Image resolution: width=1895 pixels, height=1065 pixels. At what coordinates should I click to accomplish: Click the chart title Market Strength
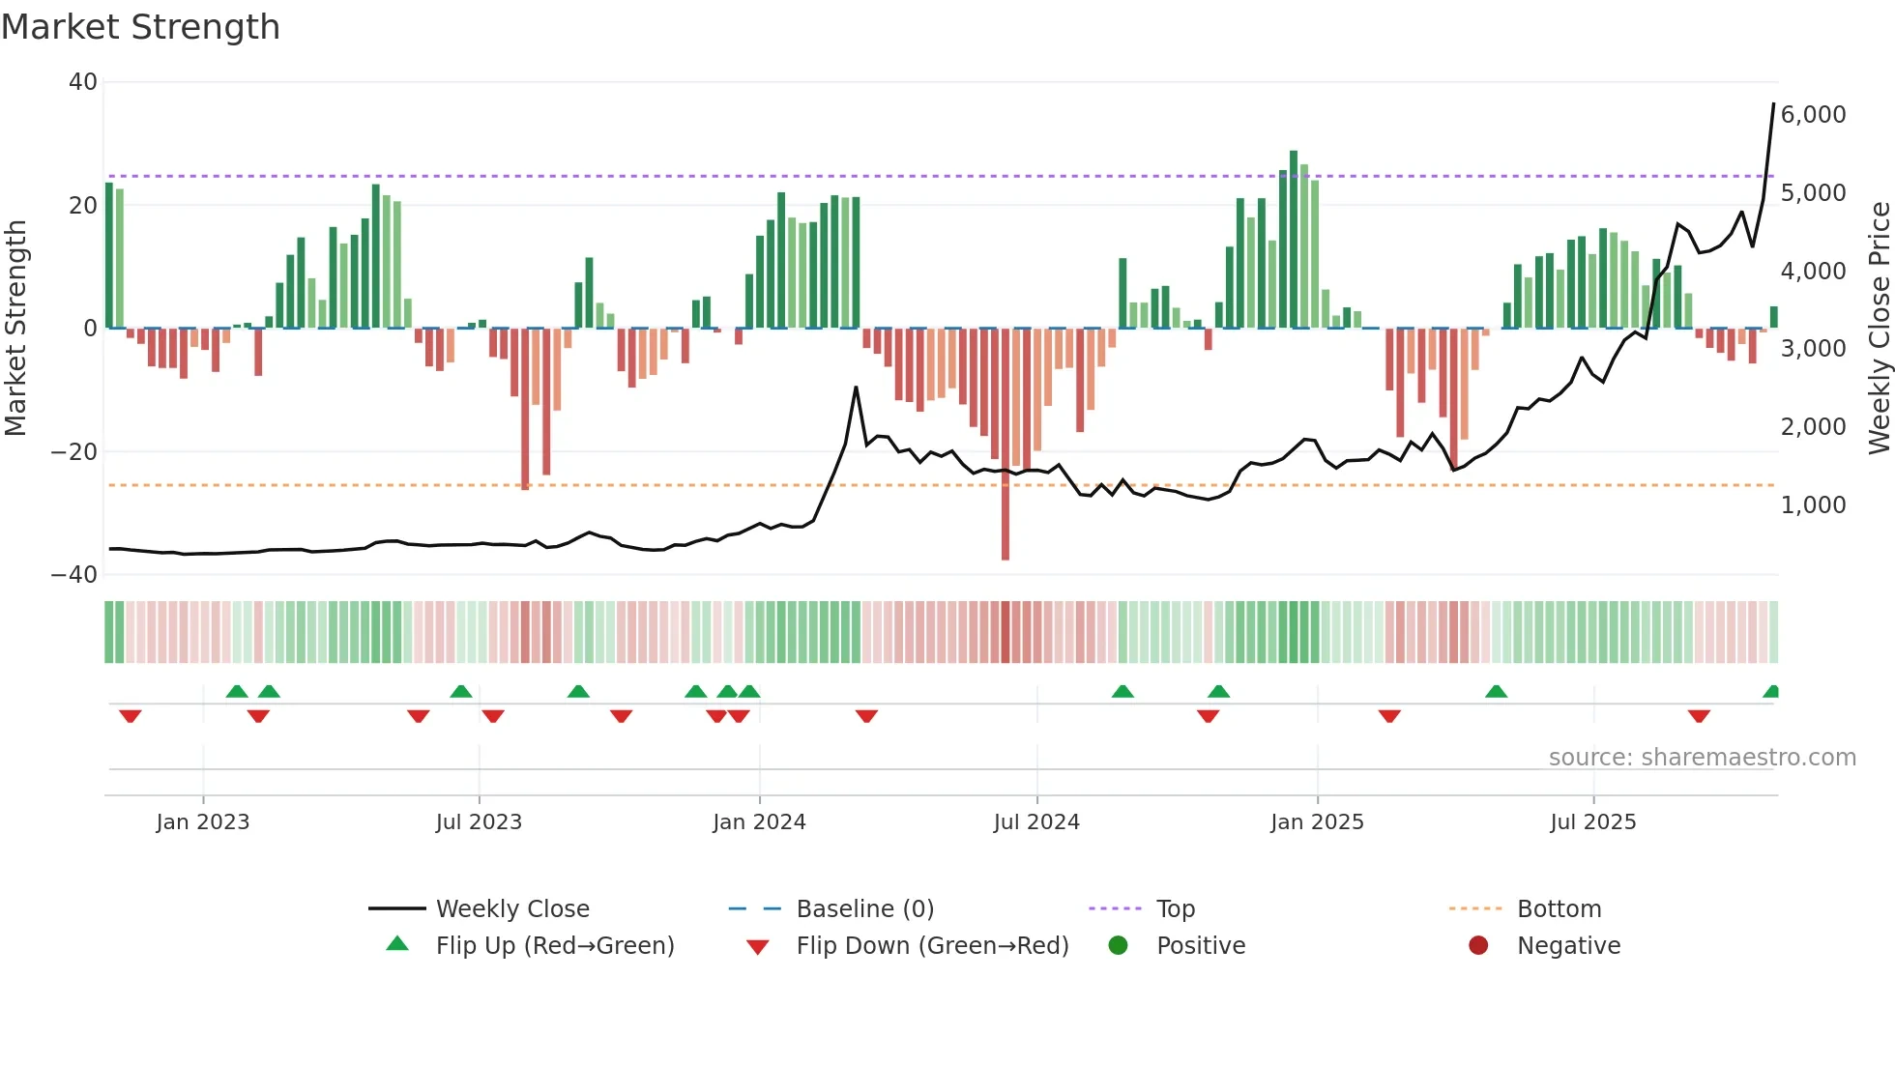tap(140, 27)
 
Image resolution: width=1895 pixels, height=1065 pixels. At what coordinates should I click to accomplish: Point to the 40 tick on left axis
tap(83, 82)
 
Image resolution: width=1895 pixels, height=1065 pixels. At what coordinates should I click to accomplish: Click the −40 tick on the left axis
tap(74, 575)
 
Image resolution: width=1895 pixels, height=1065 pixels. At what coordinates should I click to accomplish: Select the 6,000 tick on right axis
tap(1813, 115)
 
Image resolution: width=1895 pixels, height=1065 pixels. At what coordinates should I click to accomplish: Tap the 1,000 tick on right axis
tap(1813, 505)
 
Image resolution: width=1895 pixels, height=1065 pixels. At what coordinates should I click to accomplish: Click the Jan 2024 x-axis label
tap(759, 822)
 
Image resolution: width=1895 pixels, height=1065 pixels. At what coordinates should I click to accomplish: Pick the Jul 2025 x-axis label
tap(1592, 822)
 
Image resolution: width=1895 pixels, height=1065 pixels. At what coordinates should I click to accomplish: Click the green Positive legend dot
tap(1119, 946)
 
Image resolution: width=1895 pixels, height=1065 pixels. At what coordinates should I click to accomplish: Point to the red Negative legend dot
tap(1478, 946)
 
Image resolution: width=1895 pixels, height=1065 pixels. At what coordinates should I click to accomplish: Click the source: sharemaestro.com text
tap(1702, 758)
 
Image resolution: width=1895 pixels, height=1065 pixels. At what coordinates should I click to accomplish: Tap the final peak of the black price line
tap(1773, 104)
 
